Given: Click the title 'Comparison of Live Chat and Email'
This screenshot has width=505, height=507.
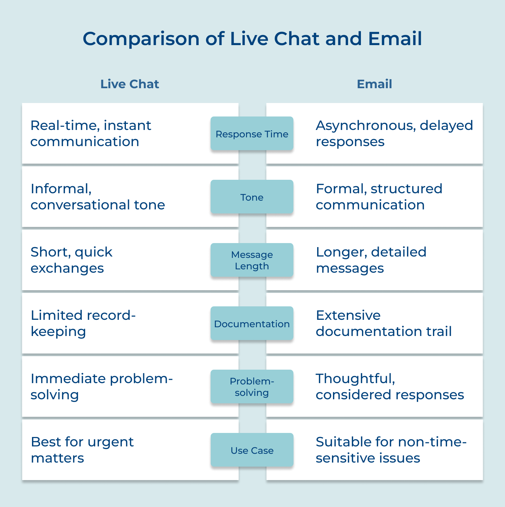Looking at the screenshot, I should (x=252, y=39).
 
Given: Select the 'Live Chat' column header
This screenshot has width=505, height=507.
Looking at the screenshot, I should (x=130, y=84).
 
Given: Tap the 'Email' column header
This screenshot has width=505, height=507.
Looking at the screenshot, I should (x=374, y=84).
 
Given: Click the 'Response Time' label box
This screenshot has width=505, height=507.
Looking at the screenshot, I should (x=252, y=134).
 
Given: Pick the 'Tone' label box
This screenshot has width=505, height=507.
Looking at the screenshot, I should (x=252, y=197).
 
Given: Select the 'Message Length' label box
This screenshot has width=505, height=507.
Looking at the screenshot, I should (x=252, y=260).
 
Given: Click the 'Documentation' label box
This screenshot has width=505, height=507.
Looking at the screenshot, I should (x=252, y=324).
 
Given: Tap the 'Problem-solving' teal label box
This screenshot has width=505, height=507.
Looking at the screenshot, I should (x=252, y=387).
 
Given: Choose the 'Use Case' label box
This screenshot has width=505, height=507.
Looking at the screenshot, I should (x=252, y=450).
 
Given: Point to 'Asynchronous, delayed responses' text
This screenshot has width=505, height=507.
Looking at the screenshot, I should (x=394, y=133).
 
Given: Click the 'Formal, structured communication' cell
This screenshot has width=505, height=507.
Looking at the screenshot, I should (x=379, y=197).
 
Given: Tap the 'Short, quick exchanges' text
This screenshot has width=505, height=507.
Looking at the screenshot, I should (x=71, y=260).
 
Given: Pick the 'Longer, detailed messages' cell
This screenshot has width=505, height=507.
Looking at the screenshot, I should (x=371, y=260).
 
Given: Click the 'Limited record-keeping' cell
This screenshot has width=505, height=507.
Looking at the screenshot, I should (x=83, y=323).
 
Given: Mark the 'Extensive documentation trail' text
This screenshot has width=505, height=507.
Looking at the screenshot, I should (x=383, y=323).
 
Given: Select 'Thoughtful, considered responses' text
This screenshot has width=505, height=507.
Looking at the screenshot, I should (x=390, y=386).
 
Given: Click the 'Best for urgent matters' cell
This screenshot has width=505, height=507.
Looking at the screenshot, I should (x=82, y=450).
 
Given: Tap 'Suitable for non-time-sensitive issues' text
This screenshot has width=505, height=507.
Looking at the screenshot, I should (x=391, y=450).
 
